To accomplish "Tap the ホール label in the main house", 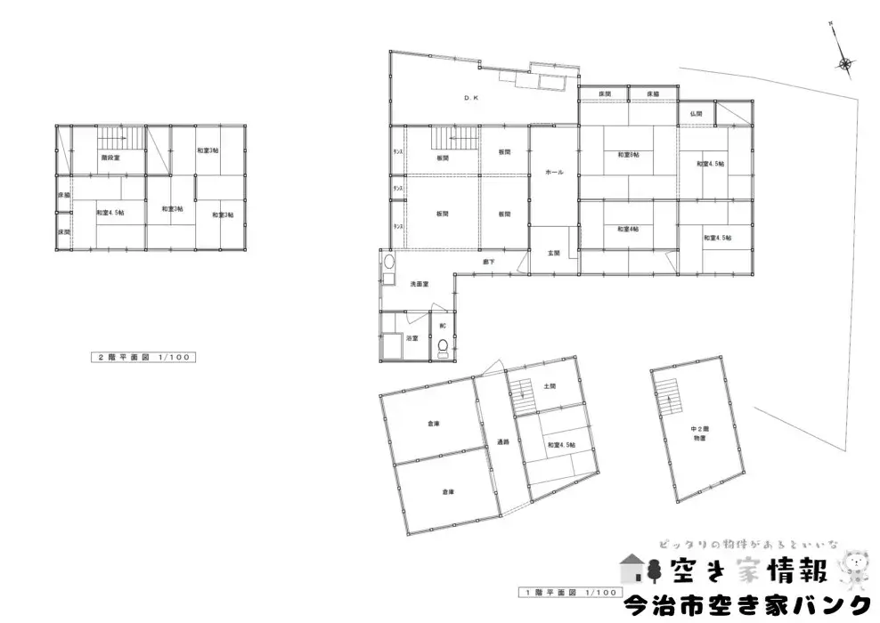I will (553, 173).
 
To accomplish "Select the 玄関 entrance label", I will (553, 253).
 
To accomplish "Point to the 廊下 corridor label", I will (489, 262).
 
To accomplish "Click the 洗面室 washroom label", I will (419, 284).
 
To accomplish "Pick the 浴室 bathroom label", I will (412, 339).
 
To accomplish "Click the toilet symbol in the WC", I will (443, 347).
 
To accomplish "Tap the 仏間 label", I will (696, 114).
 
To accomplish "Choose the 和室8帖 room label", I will (628, 156).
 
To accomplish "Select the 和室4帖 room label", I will (628, 229).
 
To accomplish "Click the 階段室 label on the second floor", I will (110, 157).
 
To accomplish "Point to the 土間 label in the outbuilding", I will (549, 386).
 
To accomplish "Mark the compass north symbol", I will (843, 61).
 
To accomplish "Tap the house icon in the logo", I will (632, 567).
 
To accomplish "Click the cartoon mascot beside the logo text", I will (857, 568).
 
